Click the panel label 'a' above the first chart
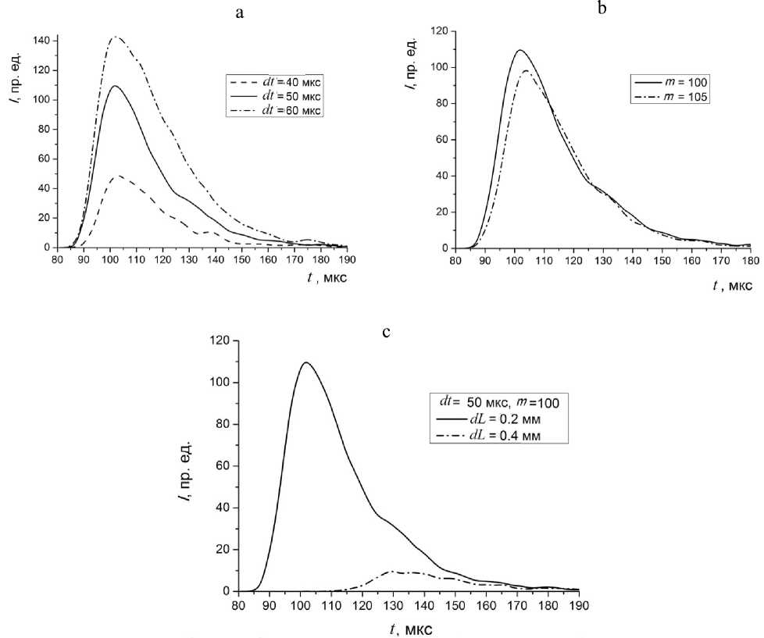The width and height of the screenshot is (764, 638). (x=237, y=12)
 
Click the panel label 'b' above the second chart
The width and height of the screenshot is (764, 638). (x=601, y=9)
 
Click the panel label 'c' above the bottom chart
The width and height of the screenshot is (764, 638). (x=385, y=331)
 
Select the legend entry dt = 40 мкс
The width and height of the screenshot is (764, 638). (x=271, y=80)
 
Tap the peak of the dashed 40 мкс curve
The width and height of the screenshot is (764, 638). (x=117, y=176)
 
